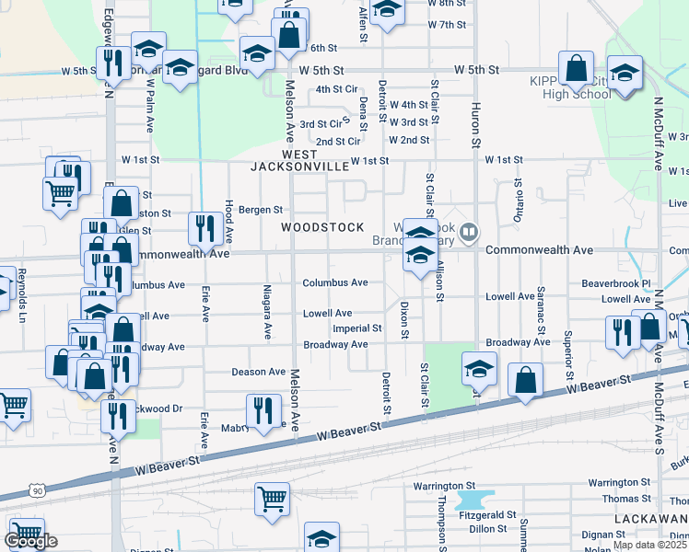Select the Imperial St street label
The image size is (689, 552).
tap(356, 328)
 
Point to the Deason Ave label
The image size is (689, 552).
tap(258, 372)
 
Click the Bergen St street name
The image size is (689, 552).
tap(259, 210)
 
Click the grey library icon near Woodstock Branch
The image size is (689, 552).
tap(470, 231)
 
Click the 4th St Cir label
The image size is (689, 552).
tap(336, 89)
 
